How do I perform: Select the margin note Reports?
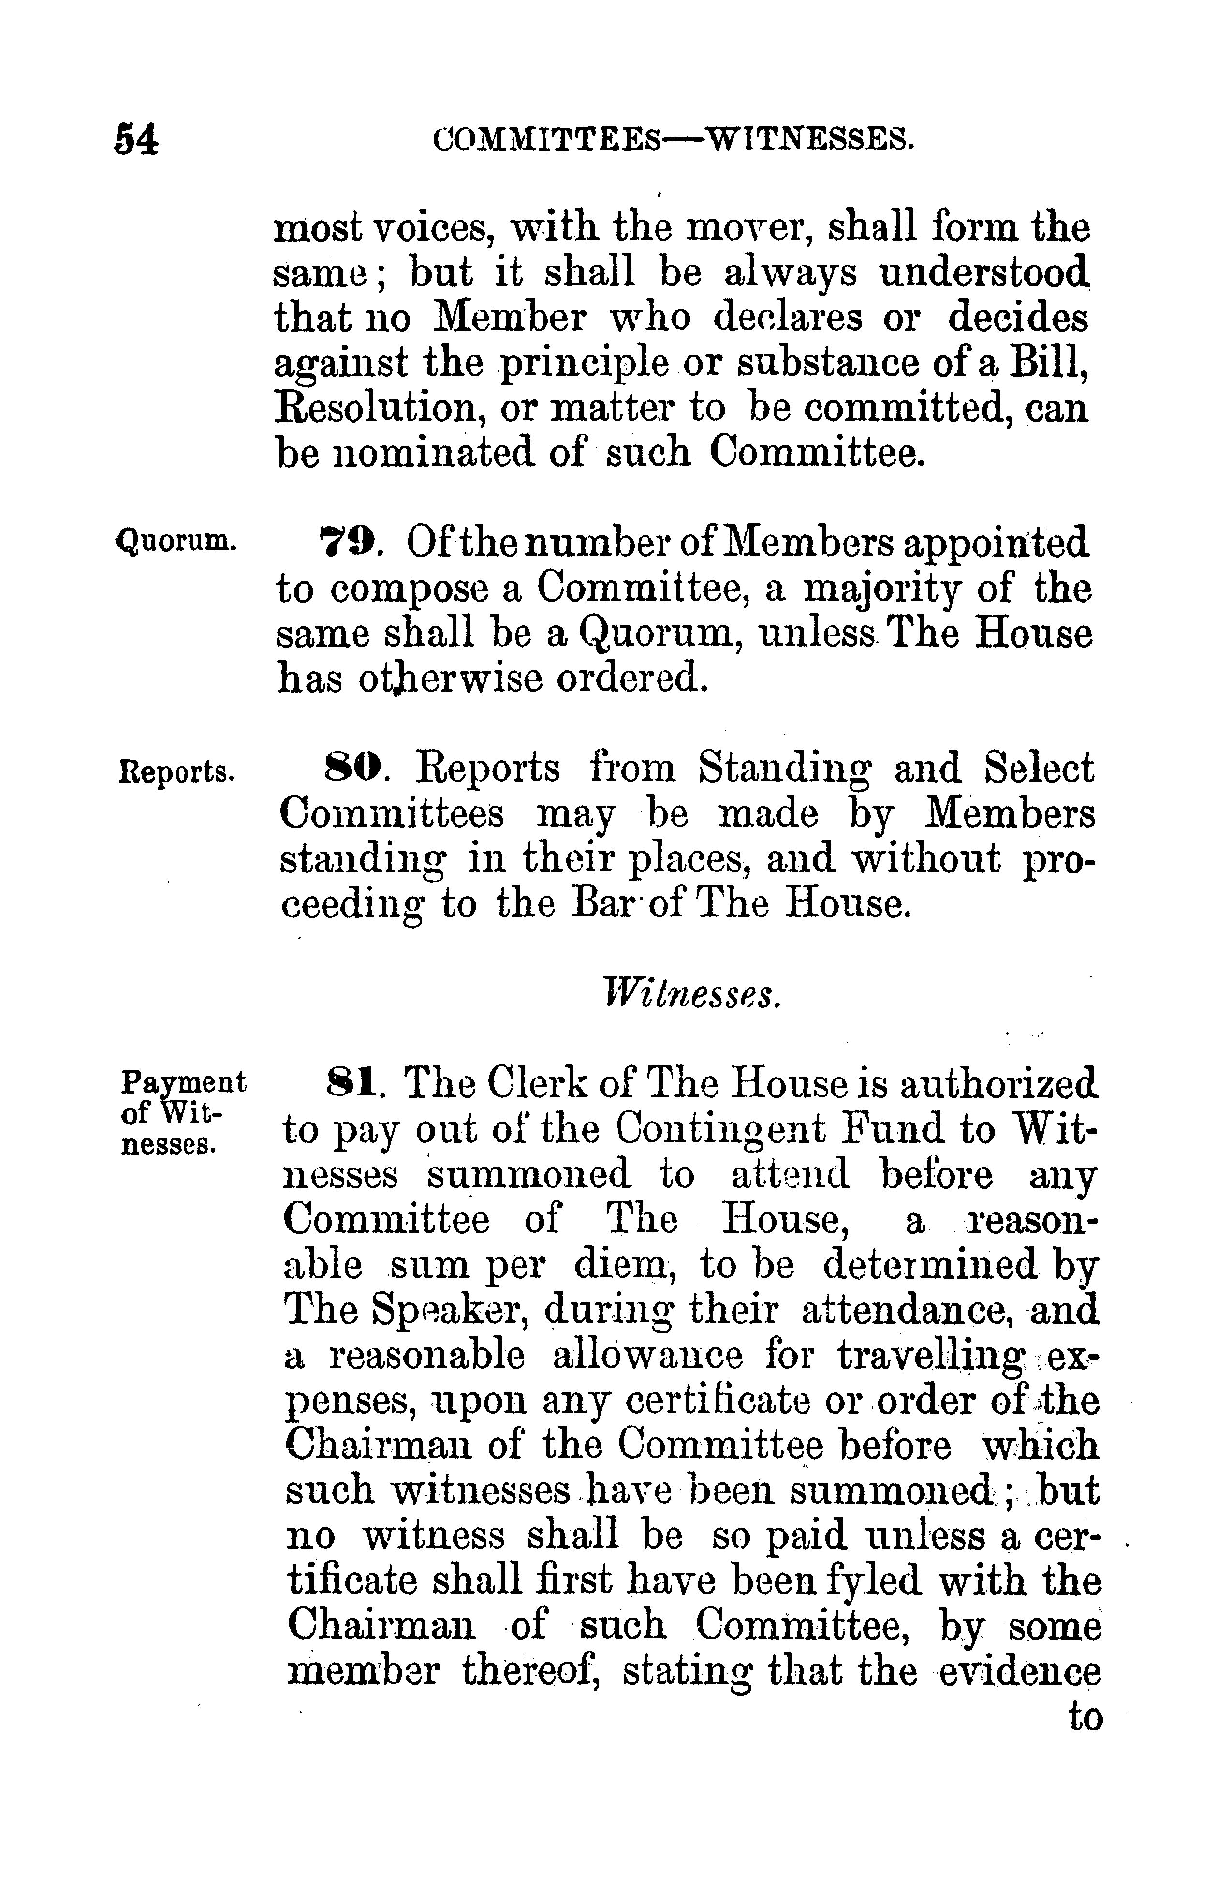click(176, 771)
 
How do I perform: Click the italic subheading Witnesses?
click(690, 994)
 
